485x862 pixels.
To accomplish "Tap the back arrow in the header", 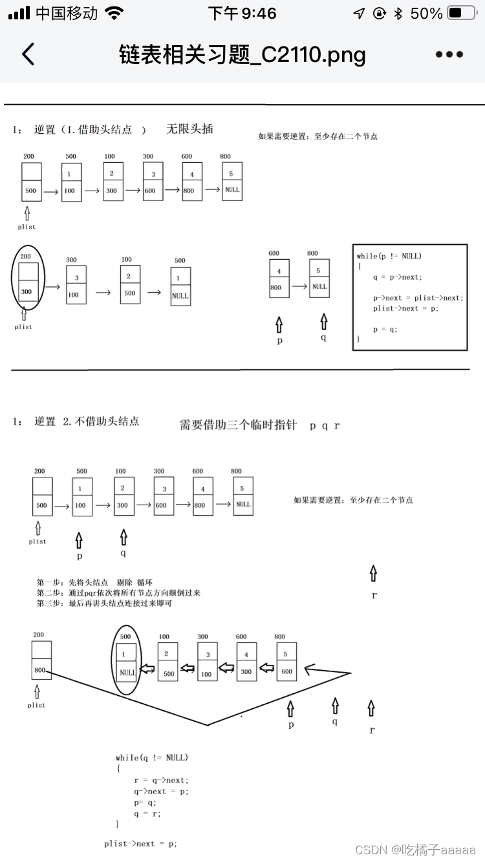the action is click(28, 54).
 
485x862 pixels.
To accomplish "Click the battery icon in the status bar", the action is click(462, 14).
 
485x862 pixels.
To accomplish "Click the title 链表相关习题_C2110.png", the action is click(242, 54).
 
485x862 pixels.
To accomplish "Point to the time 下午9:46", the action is click(242, 14).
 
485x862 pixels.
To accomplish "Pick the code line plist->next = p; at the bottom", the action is click(140, 843).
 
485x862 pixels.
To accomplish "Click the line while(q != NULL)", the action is click(152, 757).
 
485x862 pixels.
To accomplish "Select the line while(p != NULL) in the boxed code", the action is click(389, 256).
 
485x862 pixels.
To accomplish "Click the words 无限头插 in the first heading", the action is click(189, 129).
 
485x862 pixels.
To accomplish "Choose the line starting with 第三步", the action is click(104, 603).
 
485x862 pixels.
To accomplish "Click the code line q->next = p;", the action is click(161, 791).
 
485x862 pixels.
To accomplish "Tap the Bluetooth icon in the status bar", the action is click(398, 14).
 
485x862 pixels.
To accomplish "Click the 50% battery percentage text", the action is click(426, 14).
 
